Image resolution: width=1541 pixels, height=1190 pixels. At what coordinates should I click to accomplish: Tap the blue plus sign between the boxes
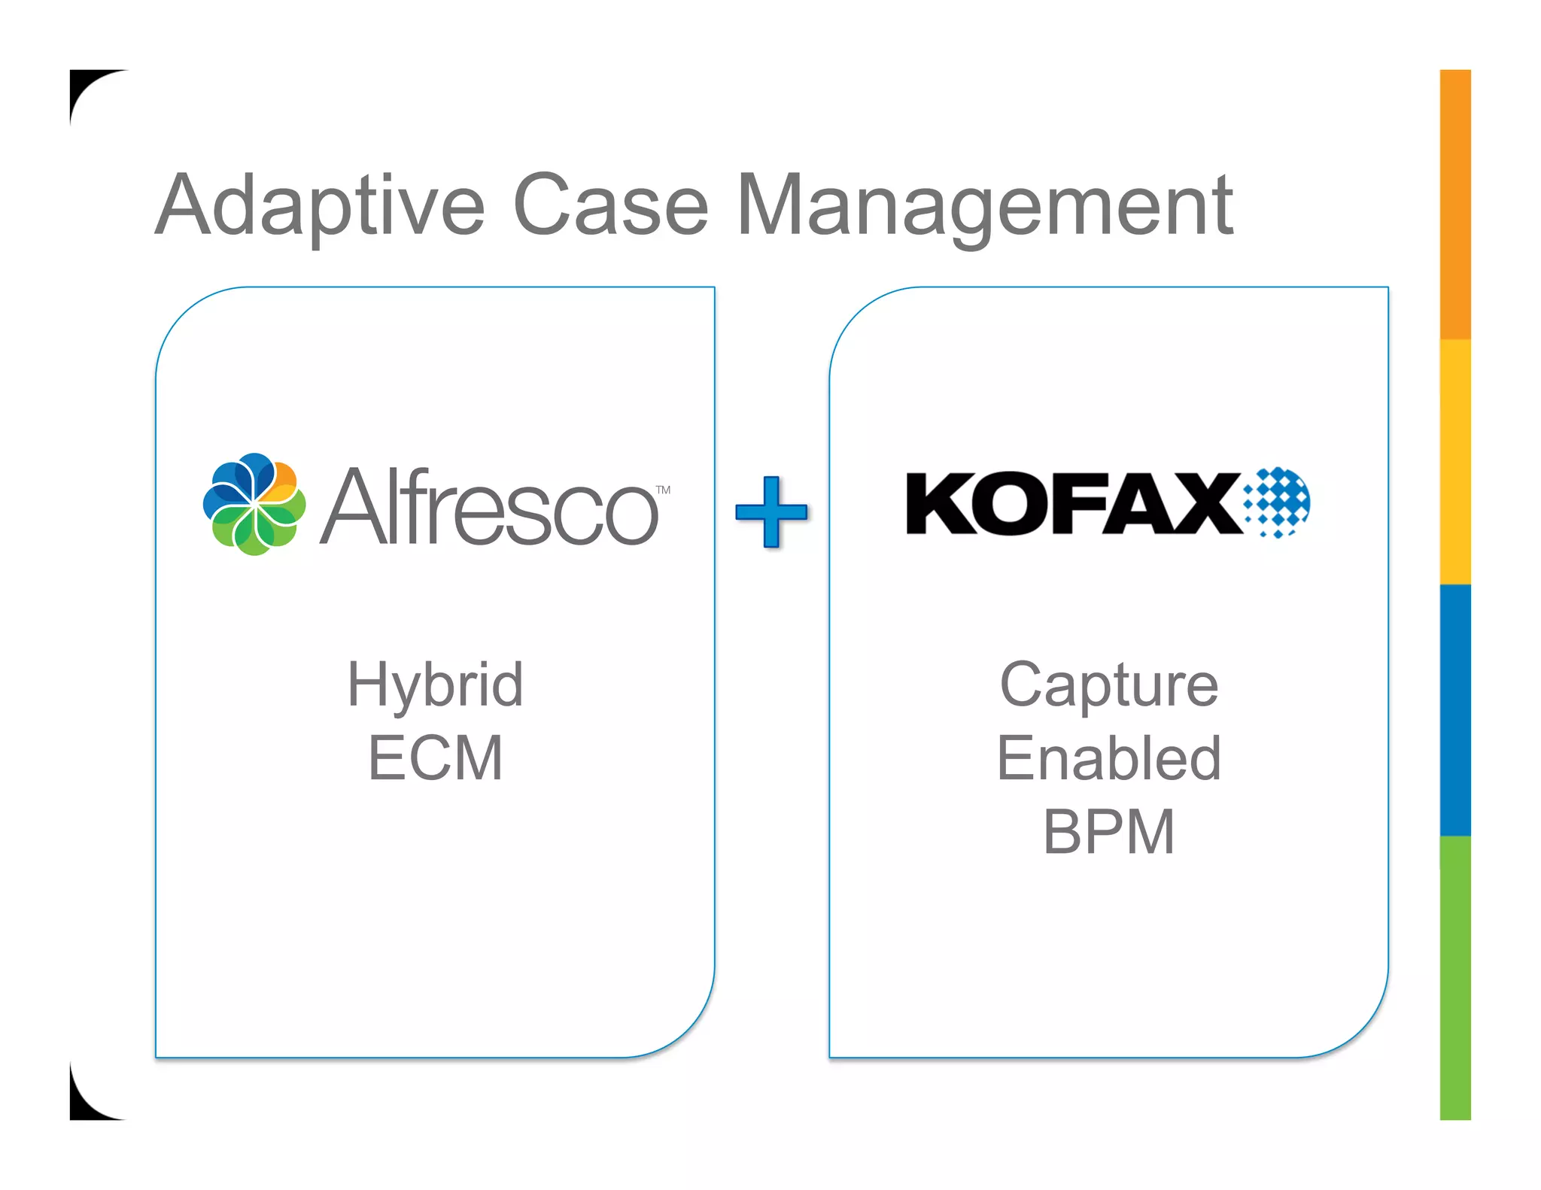point(771,512)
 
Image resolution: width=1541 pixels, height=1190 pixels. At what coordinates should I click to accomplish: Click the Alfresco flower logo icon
point(254,504)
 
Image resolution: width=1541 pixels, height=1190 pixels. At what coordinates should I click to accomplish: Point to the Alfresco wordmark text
point(489,508)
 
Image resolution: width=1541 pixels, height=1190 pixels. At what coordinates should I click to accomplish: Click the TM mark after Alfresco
point(663,490)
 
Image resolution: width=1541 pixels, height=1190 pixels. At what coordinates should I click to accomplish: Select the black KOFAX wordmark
point(1072,503)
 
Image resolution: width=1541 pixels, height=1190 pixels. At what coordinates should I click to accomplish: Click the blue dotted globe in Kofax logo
point(1278,502)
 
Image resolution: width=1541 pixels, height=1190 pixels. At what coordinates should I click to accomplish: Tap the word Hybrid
point(435,685)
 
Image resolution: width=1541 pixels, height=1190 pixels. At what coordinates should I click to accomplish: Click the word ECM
point(435,758)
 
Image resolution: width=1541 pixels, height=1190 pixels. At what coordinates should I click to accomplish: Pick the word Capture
point(1108,685)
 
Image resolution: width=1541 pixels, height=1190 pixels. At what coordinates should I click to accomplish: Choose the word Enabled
point(1108,758)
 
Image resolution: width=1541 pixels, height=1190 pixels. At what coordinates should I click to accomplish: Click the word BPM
point(1108,832)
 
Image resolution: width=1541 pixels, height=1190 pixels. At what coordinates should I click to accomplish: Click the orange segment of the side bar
point(1454,203)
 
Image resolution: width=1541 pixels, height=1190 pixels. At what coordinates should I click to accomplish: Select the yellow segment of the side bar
point(1454,460)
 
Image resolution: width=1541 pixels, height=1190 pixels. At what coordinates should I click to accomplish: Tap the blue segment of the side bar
point(1454,709)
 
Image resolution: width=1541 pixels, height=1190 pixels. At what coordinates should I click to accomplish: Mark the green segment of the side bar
point(1454,978)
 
